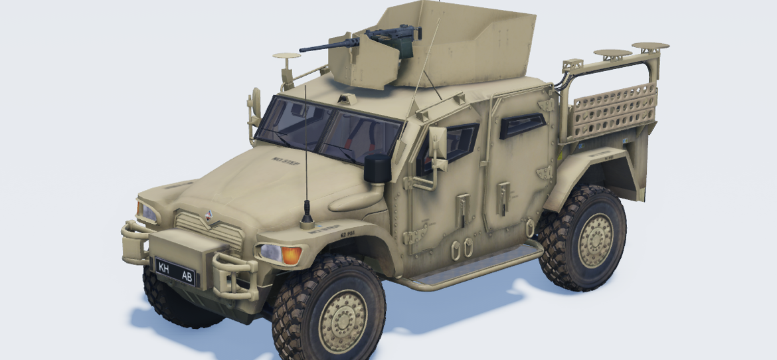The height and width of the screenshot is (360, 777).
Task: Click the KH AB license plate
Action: click(175, 270)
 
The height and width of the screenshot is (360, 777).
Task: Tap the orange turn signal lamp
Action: click(291, 255)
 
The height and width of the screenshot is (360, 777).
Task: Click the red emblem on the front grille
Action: click(209, 214)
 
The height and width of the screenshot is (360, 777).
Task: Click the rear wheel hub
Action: click(595, 240)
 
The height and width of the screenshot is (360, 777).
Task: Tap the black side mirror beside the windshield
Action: click(377, 169)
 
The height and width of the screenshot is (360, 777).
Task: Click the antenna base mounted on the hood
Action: click(307, 217)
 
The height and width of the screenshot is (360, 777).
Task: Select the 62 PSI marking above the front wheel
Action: click(347, 234)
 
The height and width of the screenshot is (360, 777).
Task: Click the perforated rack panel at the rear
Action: click(614, 110)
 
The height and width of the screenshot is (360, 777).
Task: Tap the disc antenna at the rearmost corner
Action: click(651, 47)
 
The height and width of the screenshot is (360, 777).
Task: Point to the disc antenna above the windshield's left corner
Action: click(286, 57)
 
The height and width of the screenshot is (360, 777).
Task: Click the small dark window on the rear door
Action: click(521, 124)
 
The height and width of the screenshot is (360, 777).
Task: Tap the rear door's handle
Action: click(503, 198)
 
